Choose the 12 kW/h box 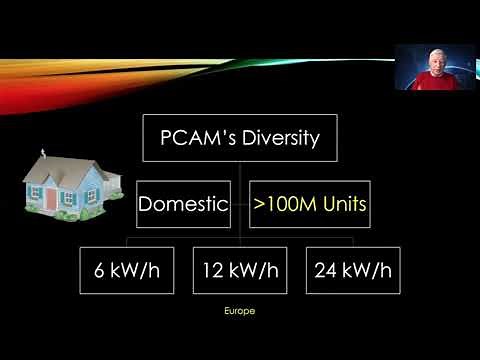(x=239, y=270)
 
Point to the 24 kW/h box (x=352, y=270)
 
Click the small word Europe (x=240, y=312)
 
